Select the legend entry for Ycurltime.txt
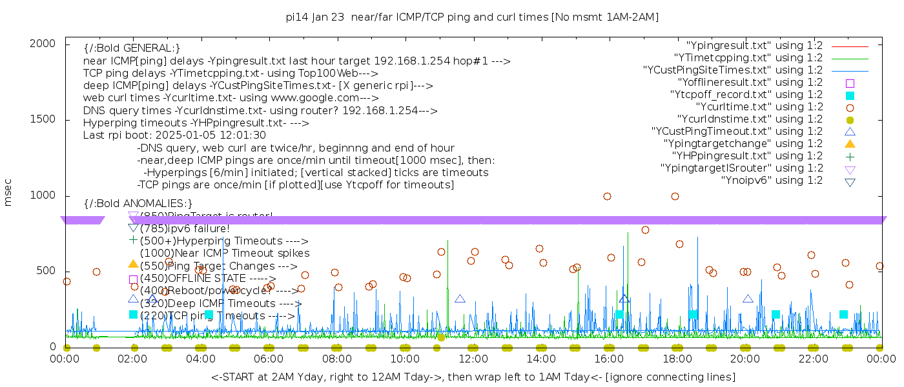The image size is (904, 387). tap(759, 107)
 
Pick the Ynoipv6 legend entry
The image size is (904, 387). tap(772, 181)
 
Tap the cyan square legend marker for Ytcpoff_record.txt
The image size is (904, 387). tap(850, 95)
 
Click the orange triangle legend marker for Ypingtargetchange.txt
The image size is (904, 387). tap(850, 144)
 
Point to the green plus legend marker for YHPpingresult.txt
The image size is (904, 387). tap(850, 156)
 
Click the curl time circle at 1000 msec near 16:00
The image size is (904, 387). tap(607, 196)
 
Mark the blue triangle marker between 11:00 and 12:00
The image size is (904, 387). tap(460, 299)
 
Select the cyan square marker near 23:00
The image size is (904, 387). tap(843, 314)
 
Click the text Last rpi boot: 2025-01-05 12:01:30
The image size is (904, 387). tap(174, 135)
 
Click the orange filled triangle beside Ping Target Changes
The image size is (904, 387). tap(133, 264)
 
